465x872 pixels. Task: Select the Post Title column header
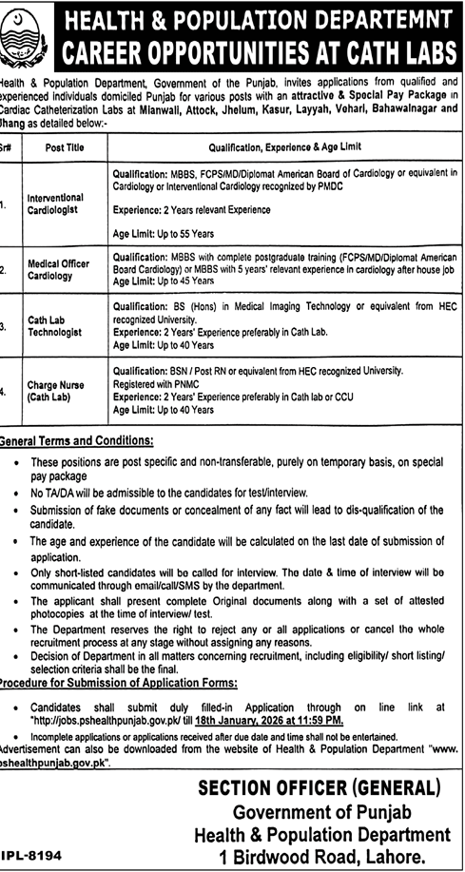[64, 146]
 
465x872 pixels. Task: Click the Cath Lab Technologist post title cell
[58, 326]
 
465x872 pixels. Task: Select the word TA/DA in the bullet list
[58, 494]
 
